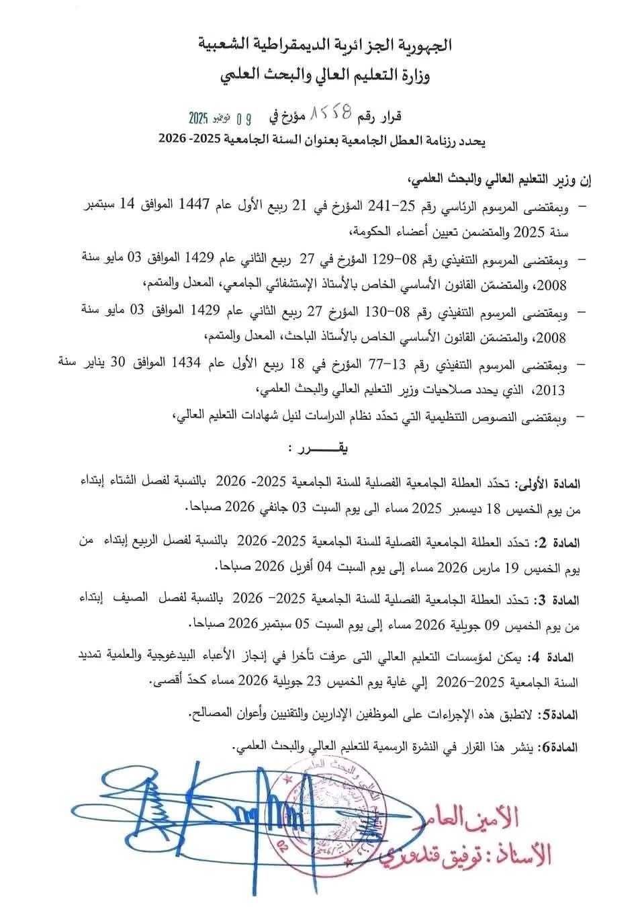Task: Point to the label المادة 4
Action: [553, 655]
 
